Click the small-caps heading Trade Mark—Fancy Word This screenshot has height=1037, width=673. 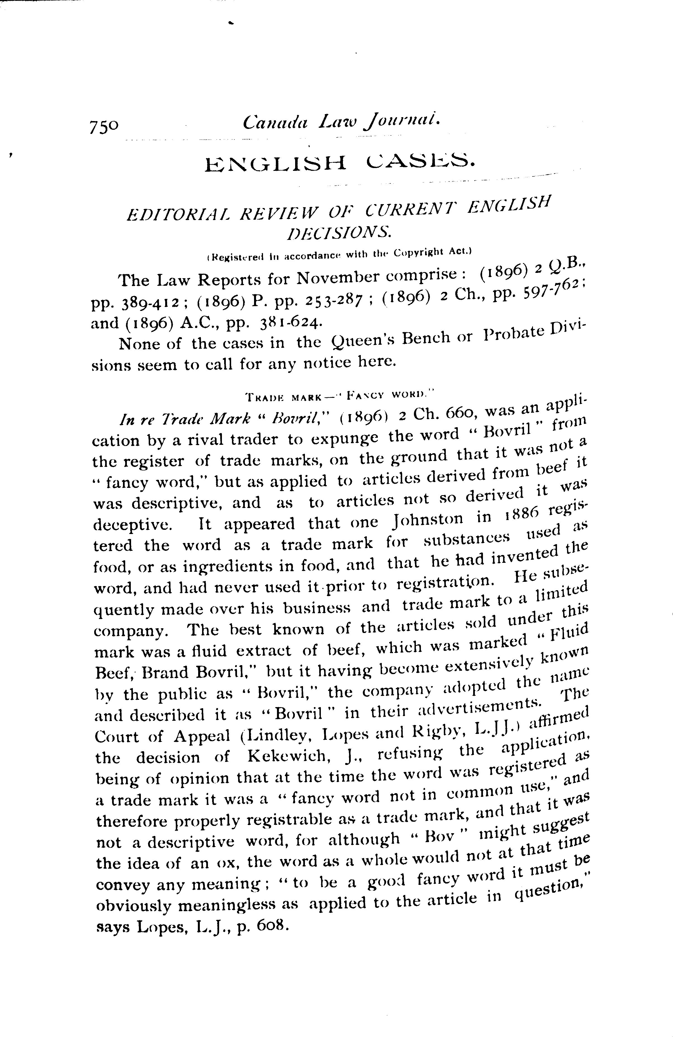tap(338, 396)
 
